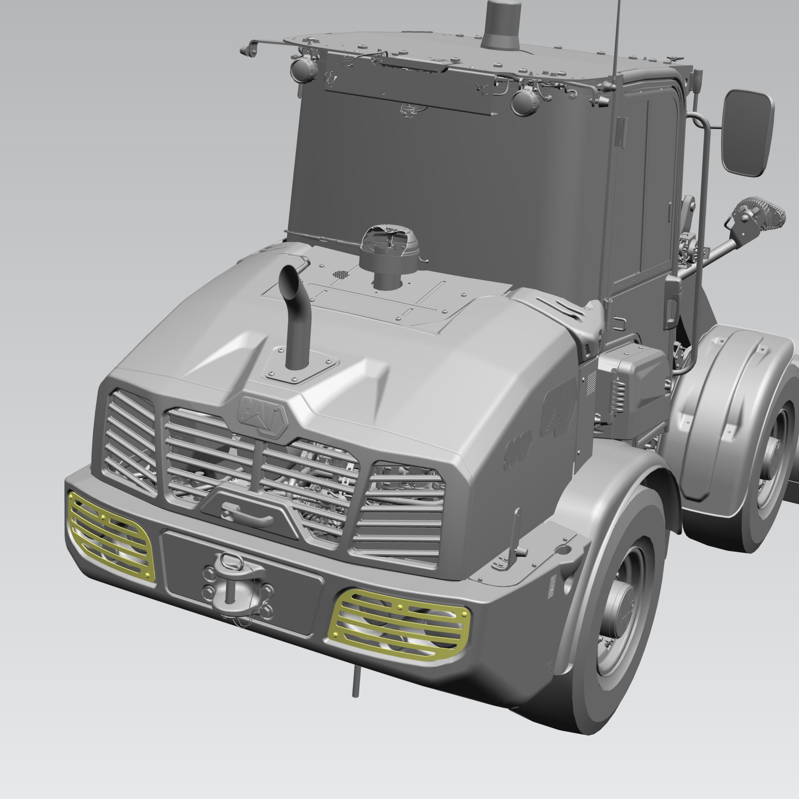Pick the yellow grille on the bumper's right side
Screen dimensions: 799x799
[x=399, y=624]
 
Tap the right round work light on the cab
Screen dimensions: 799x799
[x=525, y=102]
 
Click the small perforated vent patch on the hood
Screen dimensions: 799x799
[x=340, y=274]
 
